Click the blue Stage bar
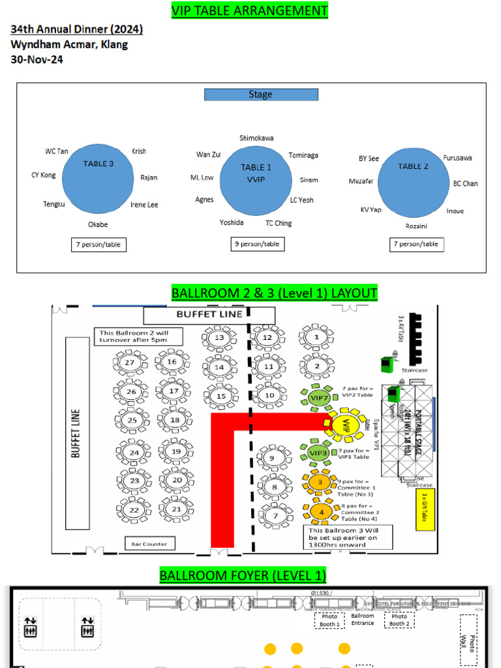(261, 95)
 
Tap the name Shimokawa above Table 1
(256, 138)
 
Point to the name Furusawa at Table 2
(457, 158)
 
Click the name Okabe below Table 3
(98, 224)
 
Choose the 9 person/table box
(258, 244)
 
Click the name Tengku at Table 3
(54, 204)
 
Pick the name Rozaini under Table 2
(416, 226)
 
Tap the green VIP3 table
(318, 453)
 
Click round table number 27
(130, 363)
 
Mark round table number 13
(219, 338)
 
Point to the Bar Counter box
(149, 543)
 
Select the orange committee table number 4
(320, 512)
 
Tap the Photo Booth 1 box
(329, 620)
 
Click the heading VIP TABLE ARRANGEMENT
(249, 10)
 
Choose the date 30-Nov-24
(37, 59)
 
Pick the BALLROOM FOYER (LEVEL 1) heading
(243, 575)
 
